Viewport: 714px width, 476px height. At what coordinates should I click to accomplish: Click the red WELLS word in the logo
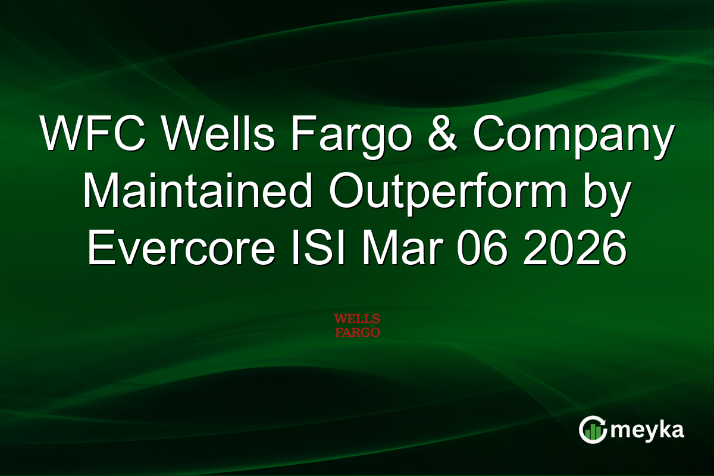(x=357, y=320)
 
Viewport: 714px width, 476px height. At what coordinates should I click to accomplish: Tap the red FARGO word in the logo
(x=357, y=333)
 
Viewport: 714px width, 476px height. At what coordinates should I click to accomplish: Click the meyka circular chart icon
(x=593, y=430)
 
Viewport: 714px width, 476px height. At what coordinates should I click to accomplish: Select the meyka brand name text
(x=648, y=430)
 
